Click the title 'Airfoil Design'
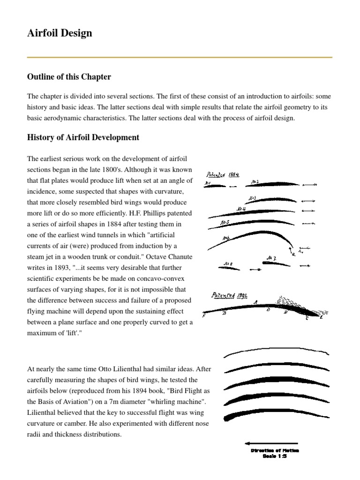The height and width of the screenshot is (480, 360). point(60,33)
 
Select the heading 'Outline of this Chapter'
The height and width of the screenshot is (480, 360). point(69,76)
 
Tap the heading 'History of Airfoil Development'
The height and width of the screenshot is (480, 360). point(83,137)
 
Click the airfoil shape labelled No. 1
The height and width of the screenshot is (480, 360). point(215,186)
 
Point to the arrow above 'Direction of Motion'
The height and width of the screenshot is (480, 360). point(271,443)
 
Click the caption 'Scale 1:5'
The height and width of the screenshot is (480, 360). point(274,456)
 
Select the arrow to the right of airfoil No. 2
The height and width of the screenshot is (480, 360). point(309,185)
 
